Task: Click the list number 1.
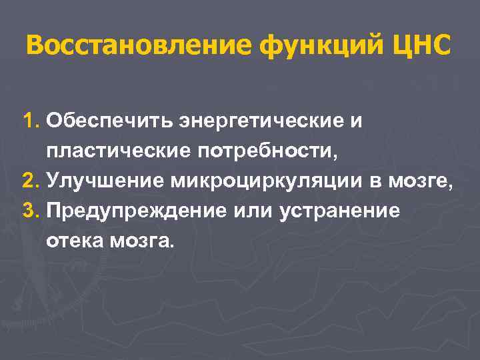pyautogui.click(x=31, y=121)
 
